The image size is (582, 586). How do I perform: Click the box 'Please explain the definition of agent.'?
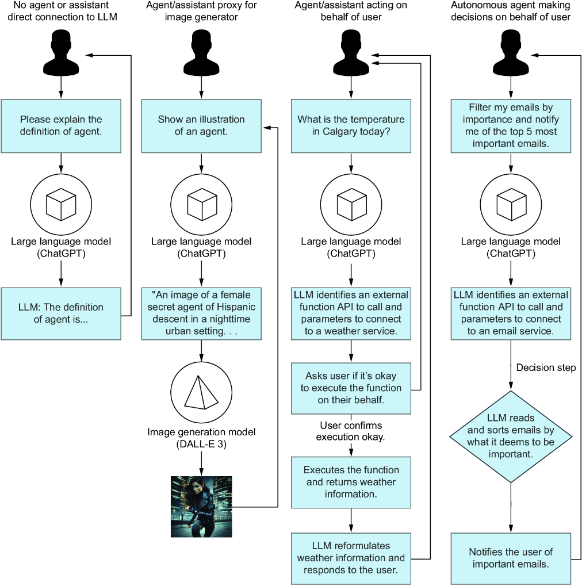(61, 126)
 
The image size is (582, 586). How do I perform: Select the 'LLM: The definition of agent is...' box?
(61, 313)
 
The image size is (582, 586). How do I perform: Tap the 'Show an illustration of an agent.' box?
(201, 126)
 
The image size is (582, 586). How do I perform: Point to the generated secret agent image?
(201, 506)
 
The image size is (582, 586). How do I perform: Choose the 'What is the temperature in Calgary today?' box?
(351, 126)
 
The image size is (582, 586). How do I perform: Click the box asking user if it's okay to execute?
(351, 388)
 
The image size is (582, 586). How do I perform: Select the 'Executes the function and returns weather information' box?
(351, 482)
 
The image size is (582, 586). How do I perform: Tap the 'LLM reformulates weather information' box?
(351, 558)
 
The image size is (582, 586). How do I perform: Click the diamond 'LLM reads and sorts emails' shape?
(511, 436)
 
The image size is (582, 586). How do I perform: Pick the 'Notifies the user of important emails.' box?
(511, 558)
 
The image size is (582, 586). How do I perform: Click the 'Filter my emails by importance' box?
(511, 126)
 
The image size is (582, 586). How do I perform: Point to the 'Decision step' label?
(546, 367)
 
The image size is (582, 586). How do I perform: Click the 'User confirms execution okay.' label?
(351, 431)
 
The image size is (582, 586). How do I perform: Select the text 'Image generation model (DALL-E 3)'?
(201, 437)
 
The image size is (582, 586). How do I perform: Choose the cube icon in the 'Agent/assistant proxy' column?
(201, 204)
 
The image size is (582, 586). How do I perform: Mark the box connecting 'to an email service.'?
(511, 313)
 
